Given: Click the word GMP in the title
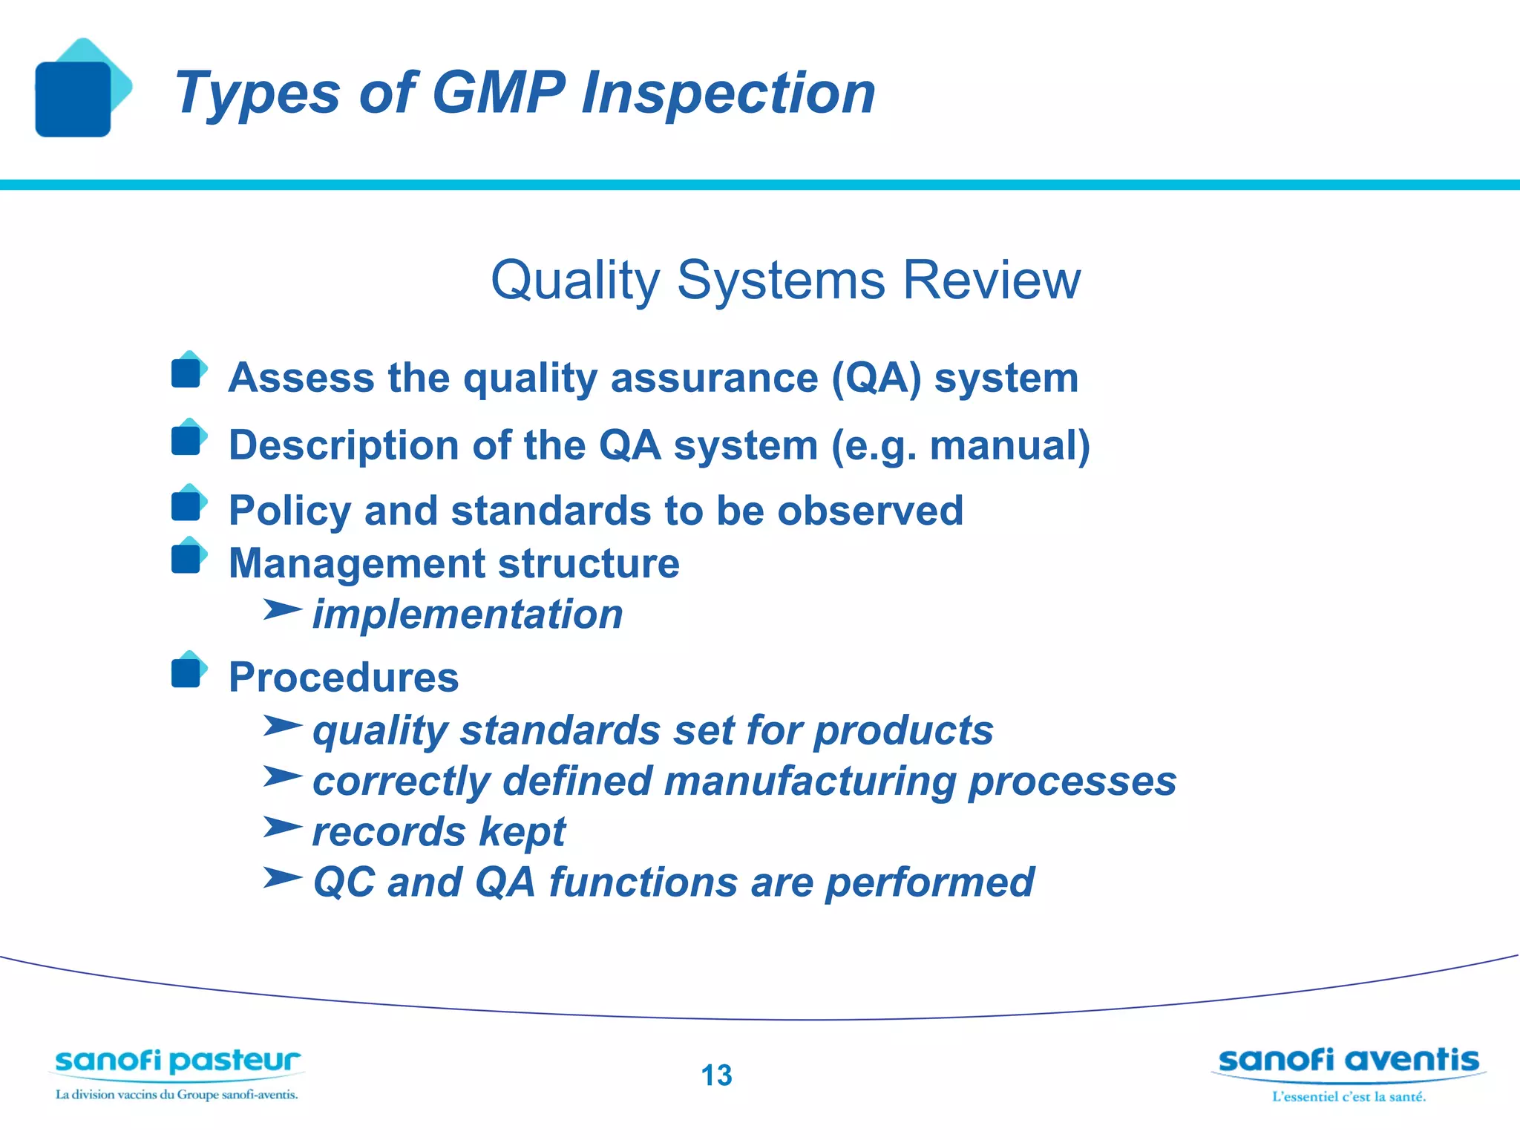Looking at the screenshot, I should [x=499, y=93].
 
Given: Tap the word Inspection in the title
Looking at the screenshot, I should [x=728, y=93].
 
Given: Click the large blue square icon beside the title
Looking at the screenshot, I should [x=73, y=99].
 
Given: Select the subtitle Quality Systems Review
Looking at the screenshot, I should [x=785, y=280].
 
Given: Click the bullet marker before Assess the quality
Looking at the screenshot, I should [x=187, y=372].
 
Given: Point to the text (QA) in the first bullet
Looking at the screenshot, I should [x=876, y=378].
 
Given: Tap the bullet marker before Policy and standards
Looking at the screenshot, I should [x=187, y=505].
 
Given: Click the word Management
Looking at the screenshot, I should [x=356, y=563].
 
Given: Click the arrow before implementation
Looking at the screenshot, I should [x=282, y=610].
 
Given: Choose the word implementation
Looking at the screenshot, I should [x=468, y=615].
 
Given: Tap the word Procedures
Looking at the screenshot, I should [x=344, y=678].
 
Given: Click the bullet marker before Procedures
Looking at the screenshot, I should [x=187, y=672].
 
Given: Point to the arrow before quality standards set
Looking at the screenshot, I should [x=282, y=725].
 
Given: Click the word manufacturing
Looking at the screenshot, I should [x=810, y=782].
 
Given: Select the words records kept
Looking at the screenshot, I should [x=439, y=831].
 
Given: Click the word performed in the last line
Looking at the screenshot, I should [x=930, y=882].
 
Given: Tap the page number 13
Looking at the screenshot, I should [x=716, y=1075].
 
